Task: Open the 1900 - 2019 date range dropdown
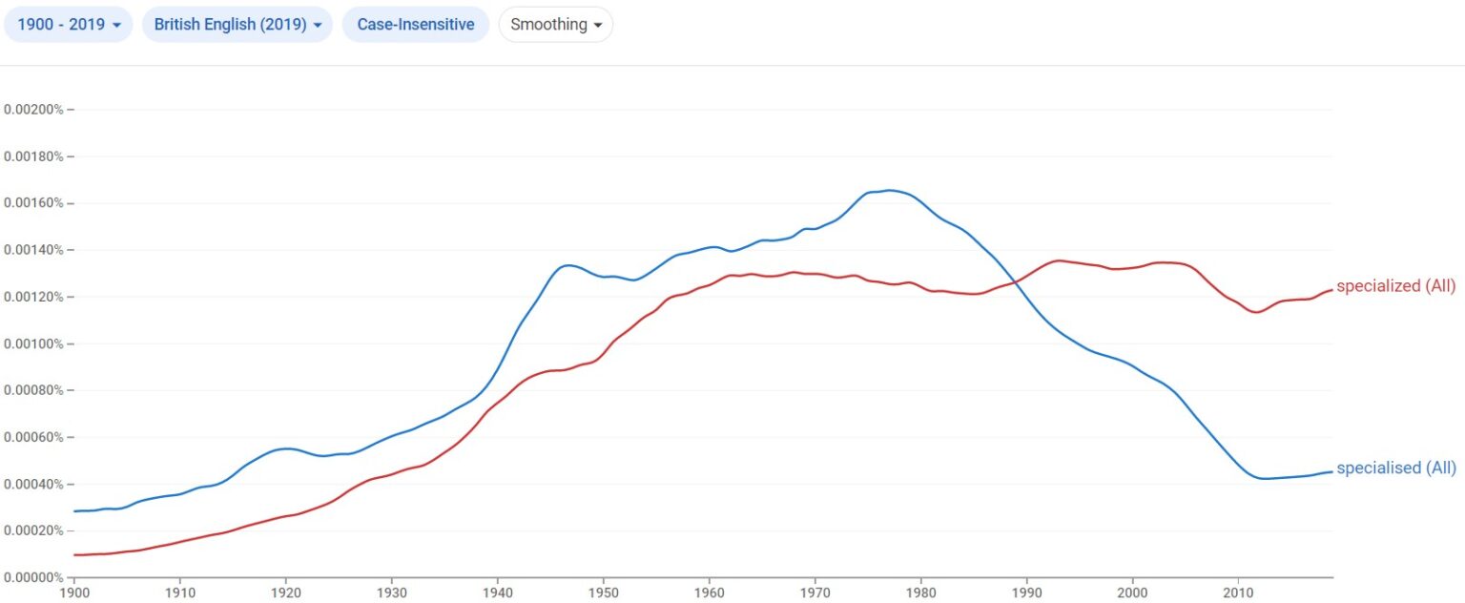[69, 25]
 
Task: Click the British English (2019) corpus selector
[237, 25]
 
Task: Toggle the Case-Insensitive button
[415, 25]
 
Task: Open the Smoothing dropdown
[555, 25]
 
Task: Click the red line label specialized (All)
[1395, 286]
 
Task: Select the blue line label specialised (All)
[1395, 468]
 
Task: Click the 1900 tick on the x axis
[74, 593]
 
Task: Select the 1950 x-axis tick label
[603, 593]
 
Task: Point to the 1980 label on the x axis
[920, 593]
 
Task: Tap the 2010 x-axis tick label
[1238, 593]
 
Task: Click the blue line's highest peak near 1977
[889, 190]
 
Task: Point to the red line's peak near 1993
[1059, 260]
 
